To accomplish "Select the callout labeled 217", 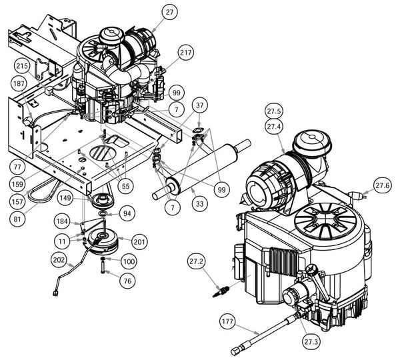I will pos(185,52).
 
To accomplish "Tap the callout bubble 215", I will pos(22,66).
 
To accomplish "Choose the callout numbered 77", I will pos(18,165).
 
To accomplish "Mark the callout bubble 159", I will pos(18,182).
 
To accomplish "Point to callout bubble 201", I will pos(140,241).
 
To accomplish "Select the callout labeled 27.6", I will pos(383,186).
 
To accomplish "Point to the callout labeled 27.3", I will pos(309,341).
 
